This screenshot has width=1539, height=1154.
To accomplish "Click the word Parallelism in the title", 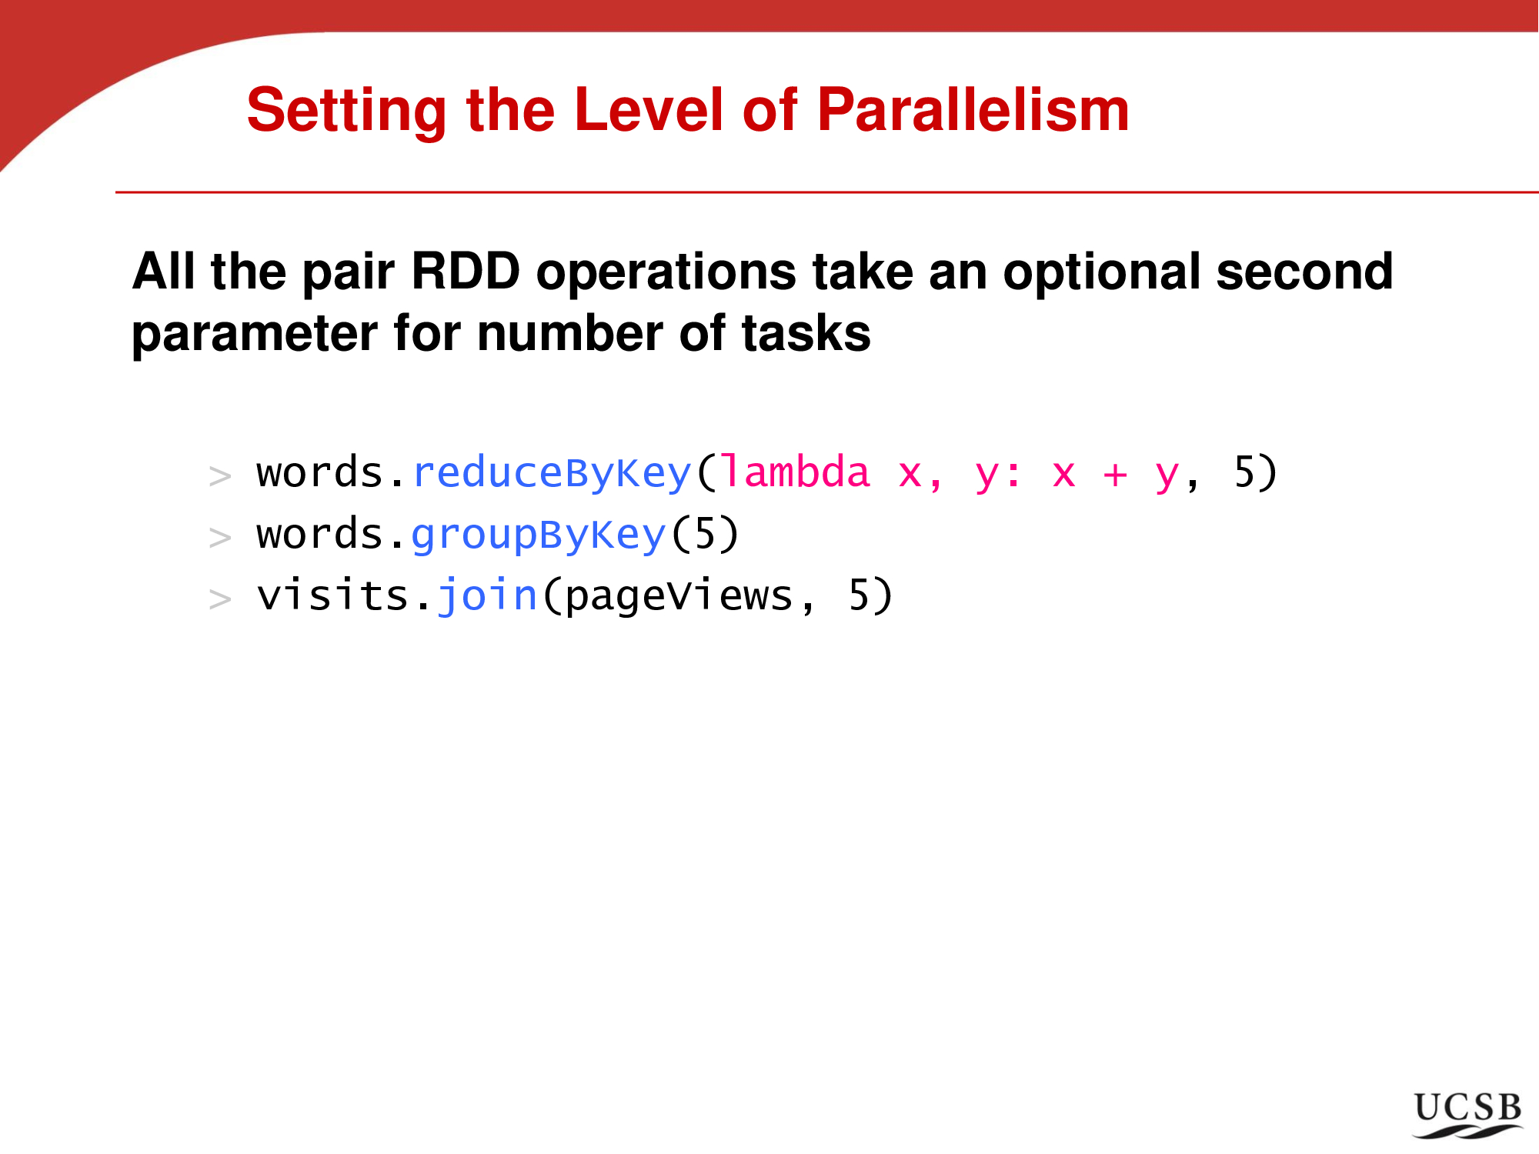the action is pos(973,110).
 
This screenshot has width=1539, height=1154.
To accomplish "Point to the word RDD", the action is pos(466,271).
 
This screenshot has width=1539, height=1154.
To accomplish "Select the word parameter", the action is pos(255,335).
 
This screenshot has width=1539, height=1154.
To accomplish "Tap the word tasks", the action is pos(806,334).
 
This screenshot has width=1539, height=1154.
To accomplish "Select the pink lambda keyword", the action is pos(796,472).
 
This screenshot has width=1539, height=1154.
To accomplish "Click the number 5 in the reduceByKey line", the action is pos(1244,472).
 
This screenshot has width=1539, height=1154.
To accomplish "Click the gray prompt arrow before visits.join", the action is pos(220,599).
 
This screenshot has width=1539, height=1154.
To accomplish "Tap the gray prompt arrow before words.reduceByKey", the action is pos(220,476).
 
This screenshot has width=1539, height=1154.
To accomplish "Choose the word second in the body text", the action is pos(1305,271).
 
